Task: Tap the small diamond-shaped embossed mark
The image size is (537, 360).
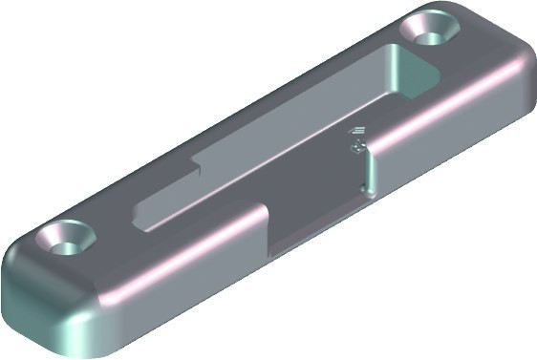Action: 355,147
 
